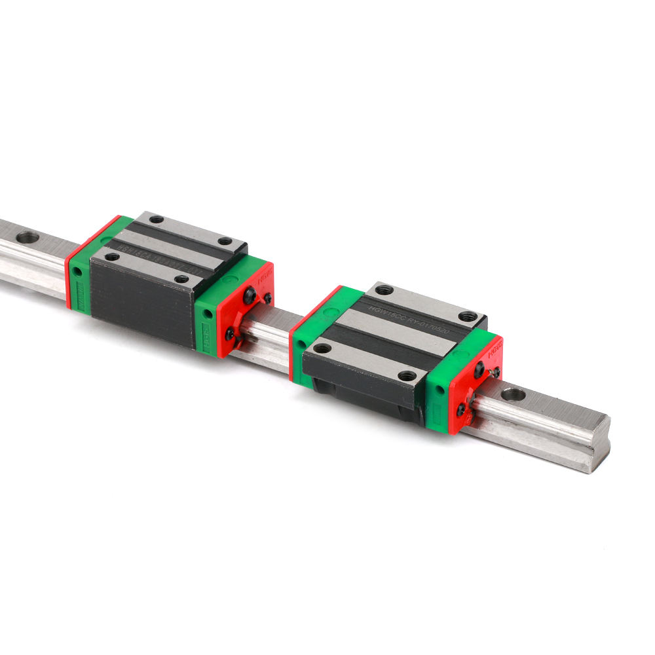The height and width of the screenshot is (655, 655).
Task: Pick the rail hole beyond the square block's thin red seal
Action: coord(27,236)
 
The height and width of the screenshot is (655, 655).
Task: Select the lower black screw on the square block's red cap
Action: coord(231,334)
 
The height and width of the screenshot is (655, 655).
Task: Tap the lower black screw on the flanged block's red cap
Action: coord(462,409)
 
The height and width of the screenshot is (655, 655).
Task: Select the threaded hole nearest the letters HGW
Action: coord(384,290)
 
